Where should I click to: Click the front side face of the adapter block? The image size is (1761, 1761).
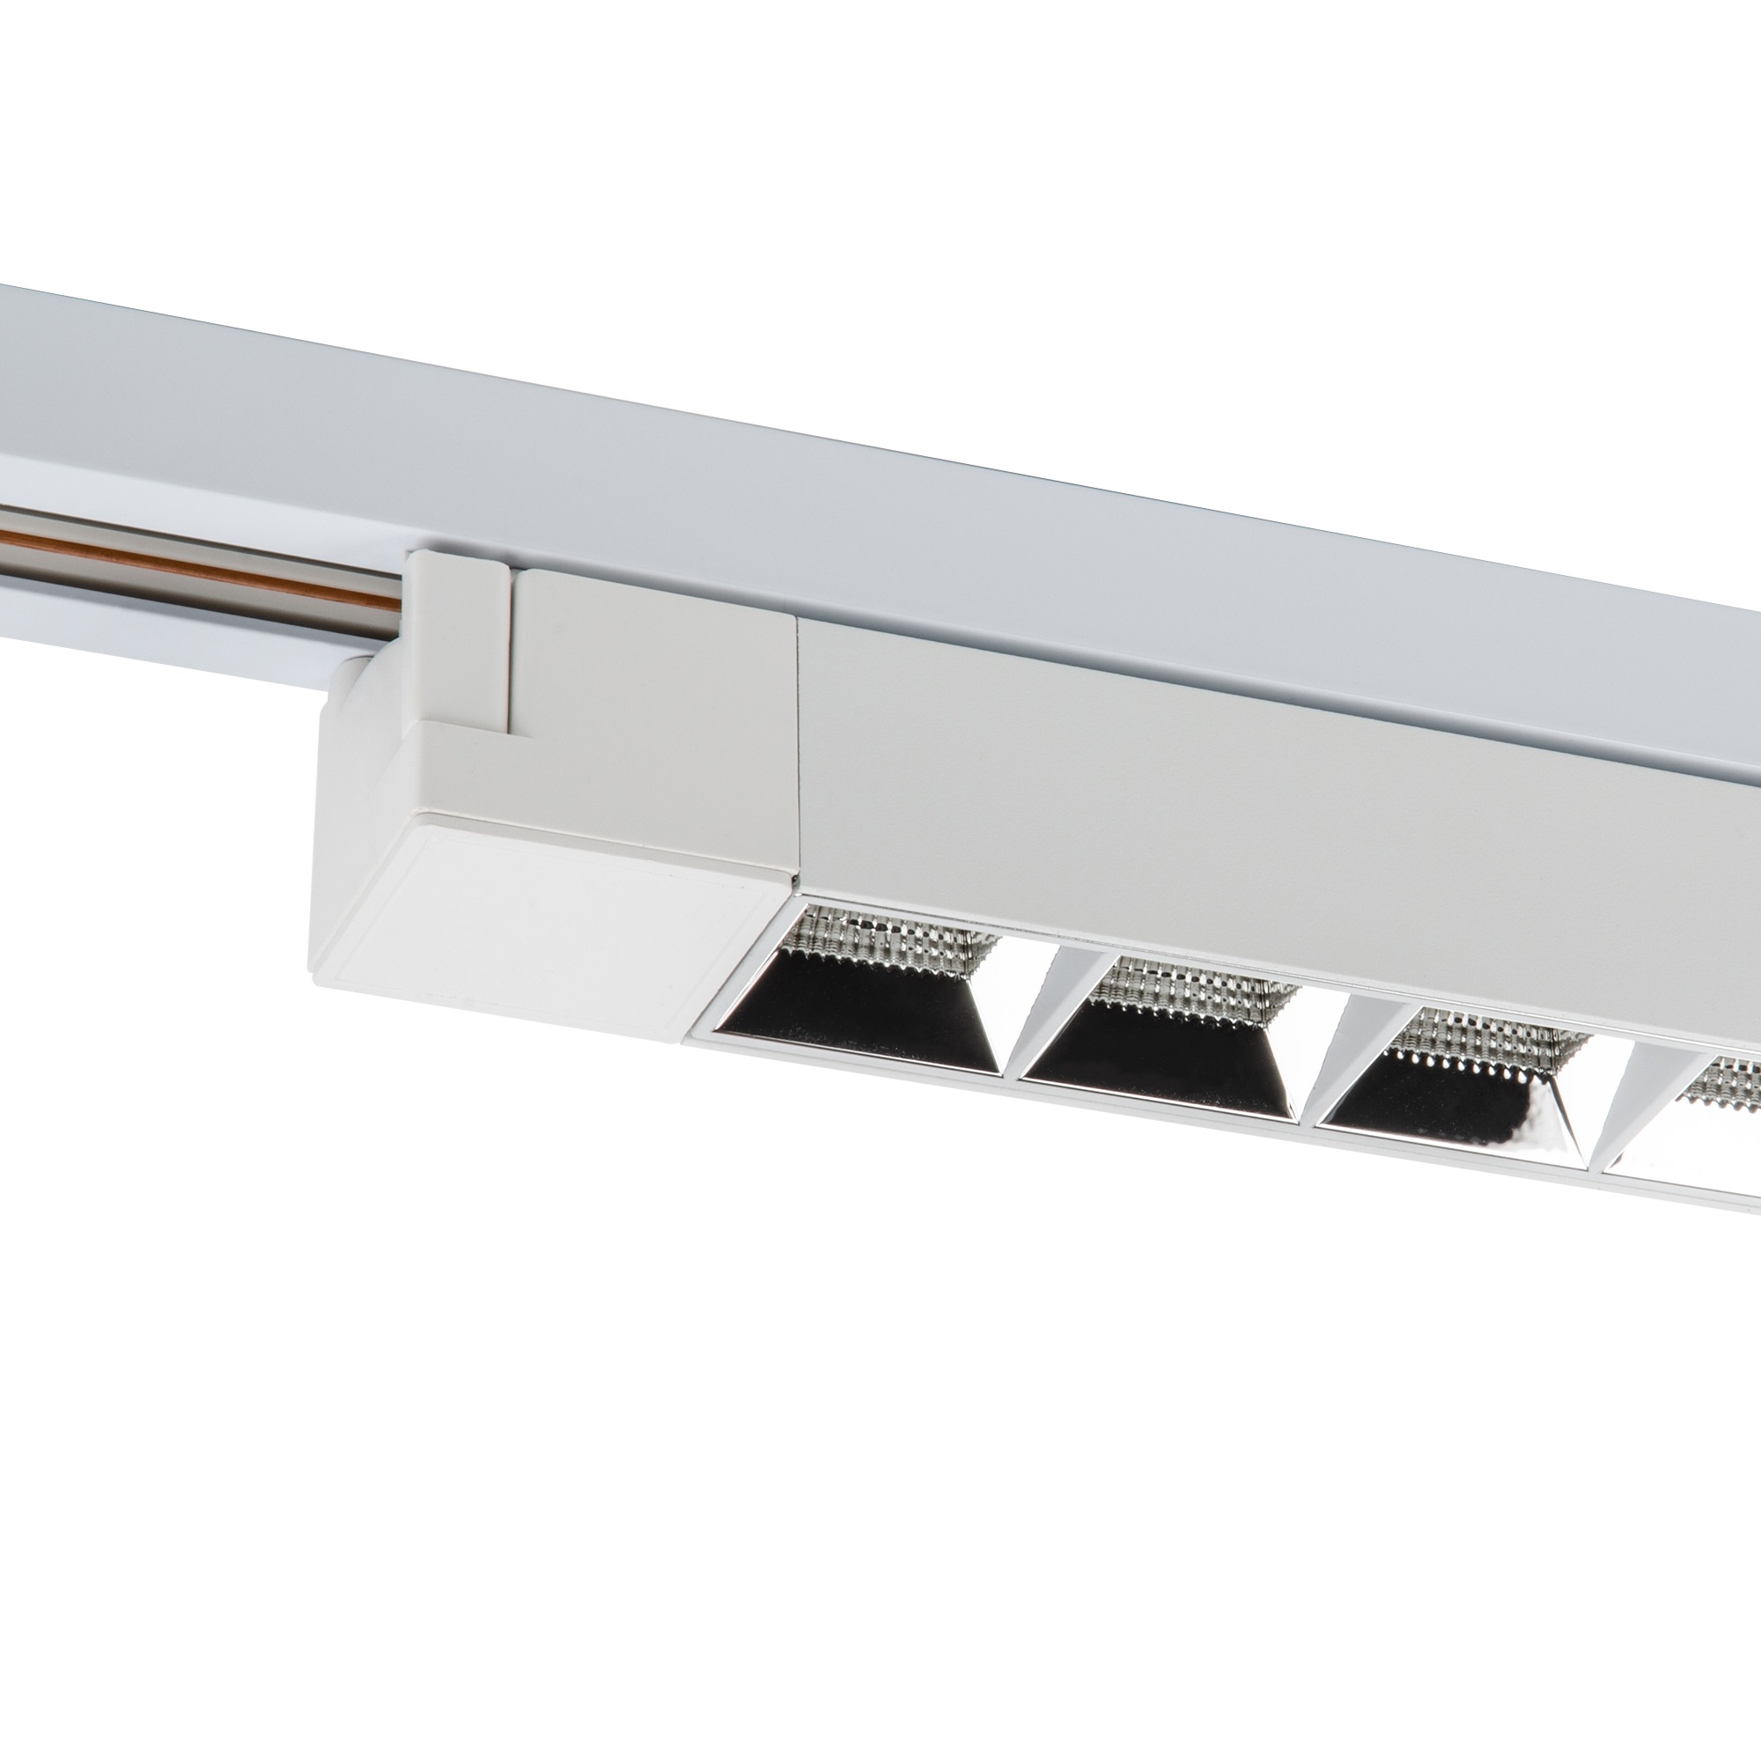(638, 729)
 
